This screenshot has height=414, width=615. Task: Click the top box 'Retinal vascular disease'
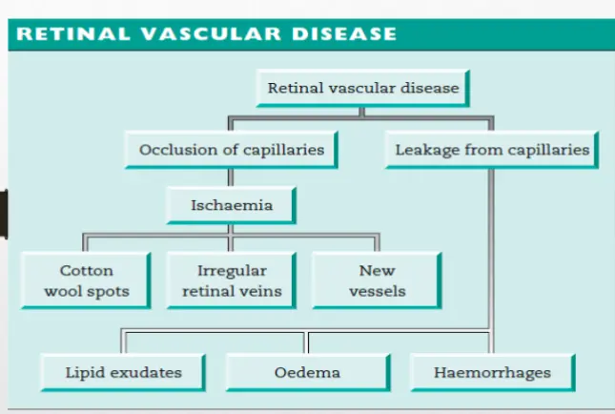[x=363, y=89]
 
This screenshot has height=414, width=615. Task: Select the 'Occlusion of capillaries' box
[x=232, y=150]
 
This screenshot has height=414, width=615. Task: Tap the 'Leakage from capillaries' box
[x=492, y=150]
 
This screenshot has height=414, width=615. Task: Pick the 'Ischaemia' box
[x=232, y=204]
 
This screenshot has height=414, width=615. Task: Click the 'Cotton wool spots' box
[x=87, y=279]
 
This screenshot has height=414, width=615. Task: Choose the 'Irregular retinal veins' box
[x=232, y=279]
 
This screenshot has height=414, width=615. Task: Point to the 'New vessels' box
[x=378, y=279]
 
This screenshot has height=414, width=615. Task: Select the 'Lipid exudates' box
[x=123, y=371]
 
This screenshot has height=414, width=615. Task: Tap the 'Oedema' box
[x=307, y=371]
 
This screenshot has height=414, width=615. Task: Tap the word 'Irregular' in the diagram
[x=232, y=270]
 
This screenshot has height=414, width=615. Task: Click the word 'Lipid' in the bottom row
[x=84, y=371]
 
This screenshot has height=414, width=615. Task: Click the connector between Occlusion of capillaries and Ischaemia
[x=232, y=176]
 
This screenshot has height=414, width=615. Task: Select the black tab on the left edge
[x=4, y=213]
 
